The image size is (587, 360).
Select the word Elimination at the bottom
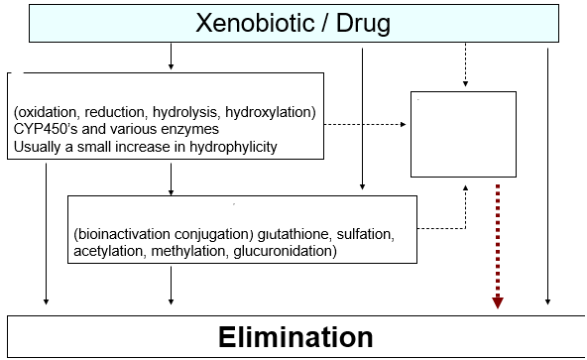(x=295, y=336)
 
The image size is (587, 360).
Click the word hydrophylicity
(x=227, y=148)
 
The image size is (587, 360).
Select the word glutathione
(x=296, y=235)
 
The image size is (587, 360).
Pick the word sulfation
(x=367, y=235)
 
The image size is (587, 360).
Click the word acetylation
(x=105, y=252)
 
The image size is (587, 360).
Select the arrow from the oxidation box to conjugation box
(x=172, y=178)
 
